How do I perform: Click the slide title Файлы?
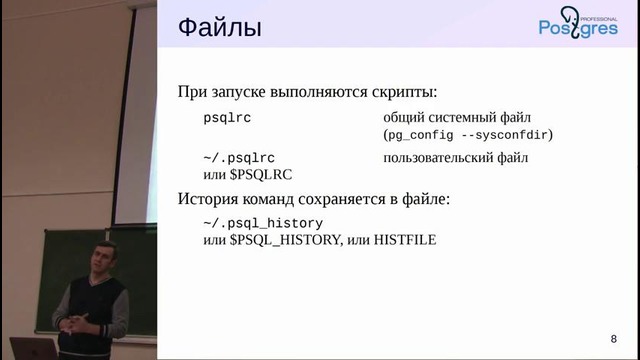tap(220, 28)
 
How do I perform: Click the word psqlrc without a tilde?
tap(227, 117)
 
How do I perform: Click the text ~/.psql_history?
tap(263, 223)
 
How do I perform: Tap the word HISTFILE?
tap(404, 240)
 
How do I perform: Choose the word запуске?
tap(245, 91)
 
